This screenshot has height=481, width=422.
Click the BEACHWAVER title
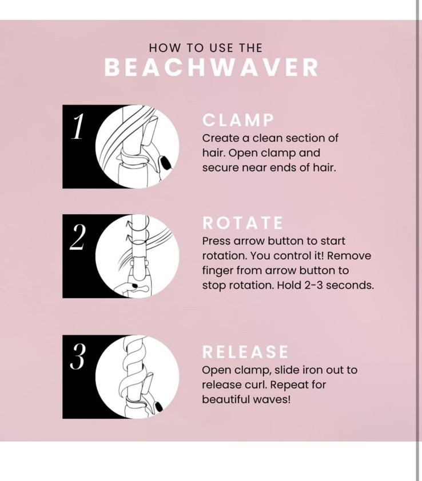tap(211, 67)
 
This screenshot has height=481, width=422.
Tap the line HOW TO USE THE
tap(205, 48)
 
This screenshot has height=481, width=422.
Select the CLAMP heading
tap(238, 121)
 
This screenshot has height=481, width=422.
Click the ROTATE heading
tap(242, 223)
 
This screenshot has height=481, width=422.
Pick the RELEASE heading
tap(245, 352)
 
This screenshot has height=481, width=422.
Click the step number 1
tap(77, 126)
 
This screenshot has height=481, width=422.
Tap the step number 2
tap(77, 237)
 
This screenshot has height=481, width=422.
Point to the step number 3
tap(77, 357)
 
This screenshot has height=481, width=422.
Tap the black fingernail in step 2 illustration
tap(135, 285)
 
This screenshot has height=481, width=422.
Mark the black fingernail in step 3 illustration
tap(159, 407)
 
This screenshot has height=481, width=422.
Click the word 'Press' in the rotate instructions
tap(216, 241)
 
